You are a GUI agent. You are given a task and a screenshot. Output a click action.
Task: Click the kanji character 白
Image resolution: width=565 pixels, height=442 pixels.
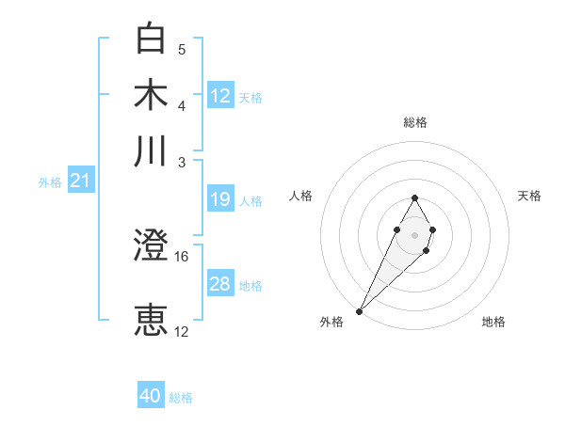tap(151, 39)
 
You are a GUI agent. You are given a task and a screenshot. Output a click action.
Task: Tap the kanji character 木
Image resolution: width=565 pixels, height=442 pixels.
tap(151, 95)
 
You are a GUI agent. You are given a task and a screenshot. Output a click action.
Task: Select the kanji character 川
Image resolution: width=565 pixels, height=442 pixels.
tap(151, 150)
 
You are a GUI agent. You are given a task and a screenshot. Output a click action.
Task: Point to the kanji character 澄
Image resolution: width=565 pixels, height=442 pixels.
tap(151, 246)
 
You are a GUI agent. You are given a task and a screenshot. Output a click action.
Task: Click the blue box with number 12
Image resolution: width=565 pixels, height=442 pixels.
tap(220, 95)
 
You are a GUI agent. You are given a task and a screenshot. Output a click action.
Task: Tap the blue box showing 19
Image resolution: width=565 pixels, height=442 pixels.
tap(220, 199)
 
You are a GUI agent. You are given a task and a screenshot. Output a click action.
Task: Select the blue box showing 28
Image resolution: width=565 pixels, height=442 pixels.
tap(220, 284)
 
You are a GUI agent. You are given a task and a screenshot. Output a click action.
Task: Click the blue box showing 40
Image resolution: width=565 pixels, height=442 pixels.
tap(151, 396)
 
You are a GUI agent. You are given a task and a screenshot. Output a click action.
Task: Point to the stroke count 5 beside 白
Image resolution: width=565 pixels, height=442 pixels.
tap(182, 49)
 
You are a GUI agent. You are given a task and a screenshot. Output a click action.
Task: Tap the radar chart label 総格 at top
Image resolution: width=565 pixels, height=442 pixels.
tap(414, 122)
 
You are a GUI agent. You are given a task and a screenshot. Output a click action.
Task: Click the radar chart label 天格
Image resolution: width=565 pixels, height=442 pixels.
tap(529, 196)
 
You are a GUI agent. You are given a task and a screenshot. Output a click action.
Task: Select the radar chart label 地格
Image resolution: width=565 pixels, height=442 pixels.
tap(493, 322)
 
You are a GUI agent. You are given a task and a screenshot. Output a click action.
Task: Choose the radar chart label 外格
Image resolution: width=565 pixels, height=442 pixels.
tap(331, 322)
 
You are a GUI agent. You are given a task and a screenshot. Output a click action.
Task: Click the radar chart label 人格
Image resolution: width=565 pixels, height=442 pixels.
tap(301, 196)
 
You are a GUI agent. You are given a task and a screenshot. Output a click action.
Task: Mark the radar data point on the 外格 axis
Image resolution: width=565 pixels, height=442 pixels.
tap(360, 310)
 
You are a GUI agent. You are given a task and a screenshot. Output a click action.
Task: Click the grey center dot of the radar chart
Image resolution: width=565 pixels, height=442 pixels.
tap(414, 233)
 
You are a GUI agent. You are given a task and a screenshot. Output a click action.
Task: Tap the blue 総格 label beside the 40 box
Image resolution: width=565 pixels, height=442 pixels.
tap(181, 398)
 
